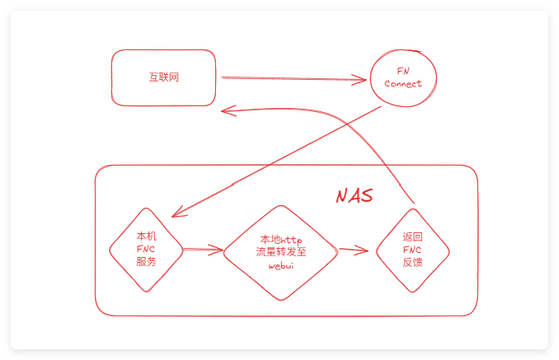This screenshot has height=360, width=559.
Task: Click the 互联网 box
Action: [164, 77]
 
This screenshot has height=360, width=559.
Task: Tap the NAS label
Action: [354, 196]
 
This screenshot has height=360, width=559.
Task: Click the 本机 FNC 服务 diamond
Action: [146, 249]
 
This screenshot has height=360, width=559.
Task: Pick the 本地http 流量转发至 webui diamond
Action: [280, 251]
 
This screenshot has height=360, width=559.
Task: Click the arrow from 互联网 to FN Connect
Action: [293, 79]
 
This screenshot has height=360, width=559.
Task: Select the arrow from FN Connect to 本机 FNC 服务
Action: [276, 161]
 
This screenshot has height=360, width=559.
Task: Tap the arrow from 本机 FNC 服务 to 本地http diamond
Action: [202, 249]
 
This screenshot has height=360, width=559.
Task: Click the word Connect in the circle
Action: [403, 84]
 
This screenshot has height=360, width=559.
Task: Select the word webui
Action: [281, 266]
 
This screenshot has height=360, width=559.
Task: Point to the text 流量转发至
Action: [281, 252]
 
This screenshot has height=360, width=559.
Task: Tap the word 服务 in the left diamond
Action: [146, 262]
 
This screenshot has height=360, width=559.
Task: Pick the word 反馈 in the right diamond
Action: [412, 263]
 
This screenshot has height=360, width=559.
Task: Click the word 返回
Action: [412, 236]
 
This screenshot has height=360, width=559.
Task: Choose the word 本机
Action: [146, 236]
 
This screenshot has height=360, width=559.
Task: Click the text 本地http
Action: [281, 239]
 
